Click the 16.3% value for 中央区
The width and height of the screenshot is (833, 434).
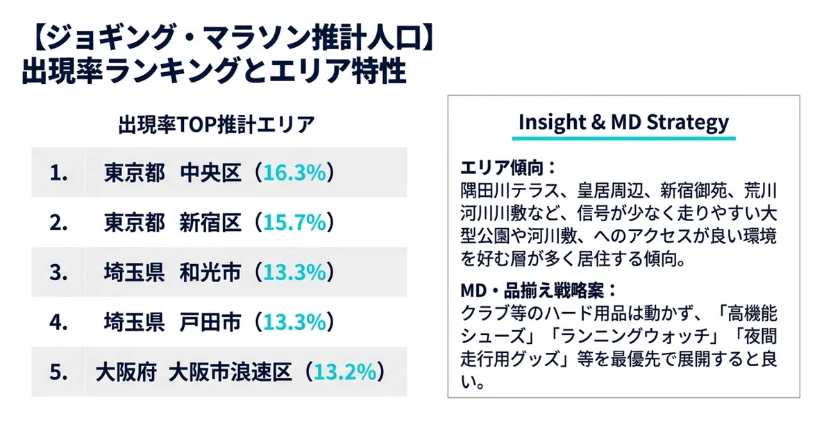pos(294,173)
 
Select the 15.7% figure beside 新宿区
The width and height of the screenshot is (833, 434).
pos(294,223)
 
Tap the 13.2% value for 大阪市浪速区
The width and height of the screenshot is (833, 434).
pos(345,372)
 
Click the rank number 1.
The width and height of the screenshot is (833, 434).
pos(58,173)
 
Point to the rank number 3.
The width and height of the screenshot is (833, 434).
pos(58,272)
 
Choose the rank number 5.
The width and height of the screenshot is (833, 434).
pos(58,372)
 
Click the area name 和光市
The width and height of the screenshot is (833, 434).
pos(210,272)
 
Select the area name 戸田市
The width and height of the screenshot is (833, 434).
pos(210,322)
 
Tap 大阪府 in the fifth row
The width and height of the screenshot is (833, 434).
pos(126,372)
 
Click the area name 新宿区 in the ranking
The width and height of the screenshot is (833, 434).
pos(210,223)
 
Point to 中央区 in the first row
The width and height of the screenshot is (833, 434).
pos(210,173)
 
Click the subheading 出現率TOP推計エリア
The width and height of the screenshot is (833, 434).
pos(217,124)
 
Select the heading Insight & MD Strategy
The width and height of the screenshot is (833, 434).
pos(623,122)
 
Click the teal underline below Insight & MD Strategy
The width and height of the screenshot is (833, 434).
pos(623,139)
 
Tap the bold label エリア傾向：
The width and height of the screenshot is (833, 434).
pos(508,168)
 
